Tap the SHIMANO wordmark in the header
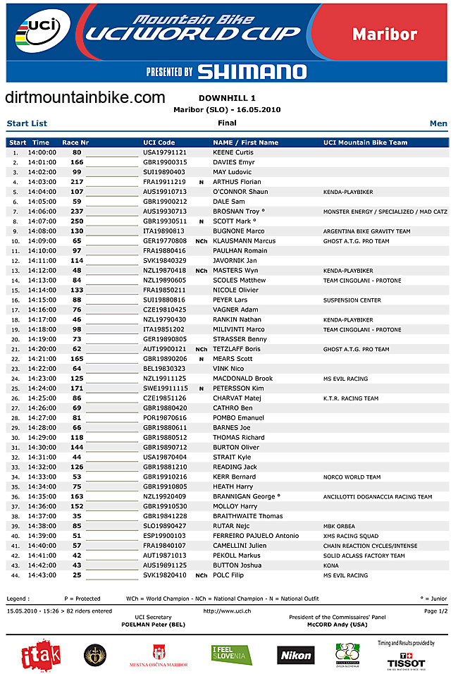pyautogui.click(x=252, y=71)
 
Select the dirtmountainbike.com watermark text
pyautogui.click(x=85, y=98)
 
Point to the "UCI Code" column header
pyautogui.click(x=159, y=142)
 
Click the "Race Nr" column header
pyautogui.click(x=75, y=142)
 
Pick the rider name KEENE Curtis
pyautogui.click(x=233, y=152)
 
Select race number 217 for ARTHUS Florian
pyautogui.click(x=77, y=182)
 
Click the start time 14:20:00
pyautogui.click(x=42, y=349)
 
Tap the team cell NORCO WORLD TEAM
pyautogui.click(x=352, y=477)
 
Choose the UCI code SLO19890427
pyautogui.click(x=164, y=526)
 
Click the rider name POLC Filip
pyautogui.click(x=229, y=575)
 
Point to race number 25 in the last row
pyautogui.click(x=77, y=575)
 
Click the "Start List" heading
pyautogui.click(x=27, y=123)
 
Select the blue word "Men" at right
pyautogui.click(x=438, y=123)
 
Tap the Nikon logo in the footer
pyautogui.click(x=295, y=655)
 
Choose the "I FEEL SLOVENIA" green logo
pyautogui.click(x=231, y=655)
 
